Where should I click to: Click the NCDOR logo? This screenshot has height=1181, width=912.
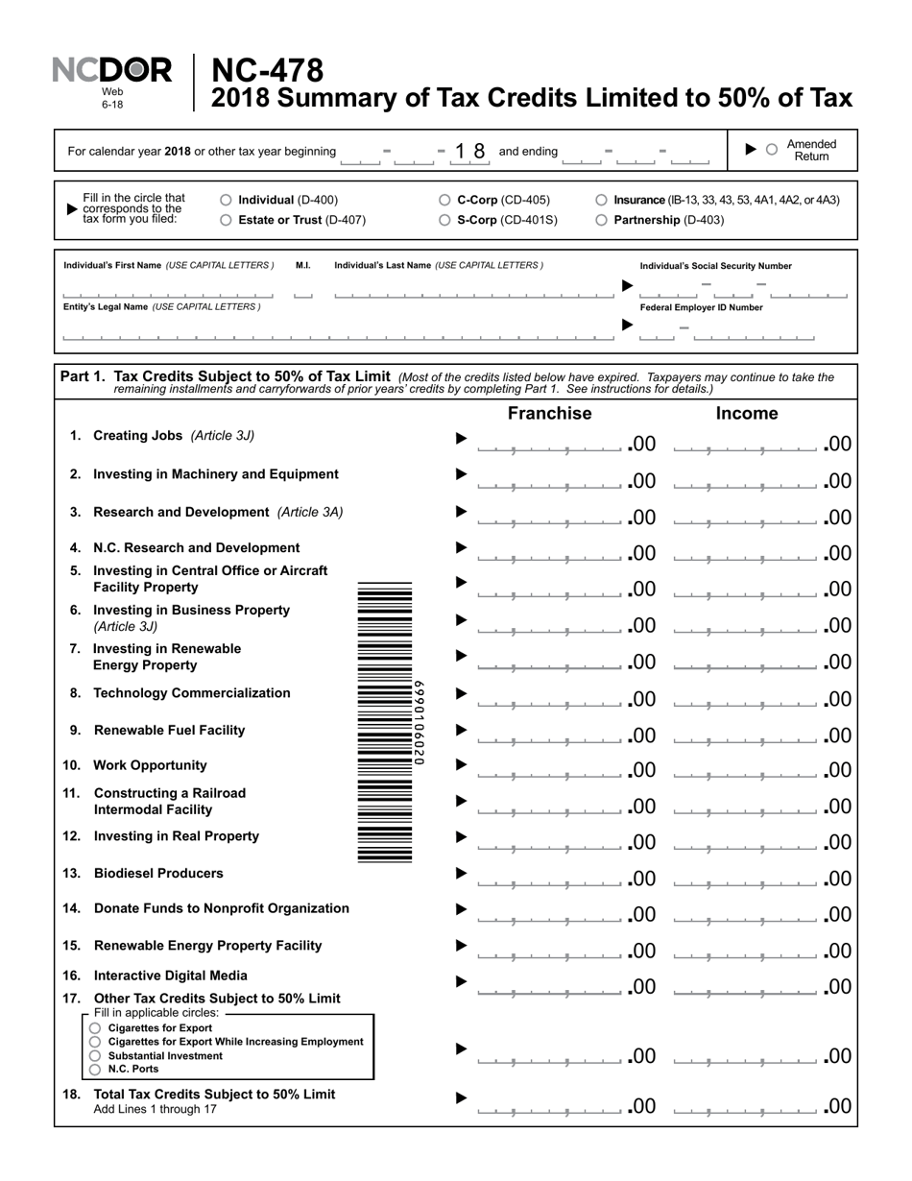(111, 71)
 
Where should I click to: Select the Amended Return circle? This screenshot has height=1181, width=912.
(771, 150)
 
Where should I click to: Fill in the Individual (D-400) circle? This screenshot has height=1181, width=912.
(226, 201)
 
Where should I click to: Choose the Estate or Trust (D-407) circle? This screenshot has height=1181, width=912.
(226, 220)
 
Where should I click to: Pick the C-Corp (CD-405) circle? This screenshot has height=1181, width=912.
(444, 201)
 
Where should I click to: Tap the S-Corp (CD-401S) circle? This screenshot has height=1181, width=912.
(444, 220)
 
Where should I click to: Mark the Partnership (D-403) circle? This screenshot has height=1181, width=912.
(601, 220)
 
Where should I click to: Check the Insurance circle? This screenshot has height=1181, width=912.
(601, 201)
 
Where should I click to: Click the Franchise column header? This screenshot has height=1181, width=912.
(549, 414)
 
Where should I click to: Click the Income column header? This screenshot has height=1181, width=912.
(747, 414)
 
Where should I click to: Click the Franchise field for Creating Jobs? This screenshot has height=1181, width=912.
(549, 443)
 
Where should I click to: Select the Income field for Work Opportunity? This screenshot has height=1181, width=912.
(746, 769)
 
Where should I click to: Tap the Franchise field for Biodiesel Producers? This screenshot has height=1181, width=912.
(549, 878)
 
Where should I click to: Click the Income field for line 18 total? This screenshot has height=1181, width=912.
(746, 1106)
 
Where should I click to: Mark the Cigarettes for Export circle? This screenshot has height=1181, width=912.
(95, 1028)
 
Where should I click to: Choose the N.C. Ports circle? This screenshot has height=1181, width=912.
(95, 1070)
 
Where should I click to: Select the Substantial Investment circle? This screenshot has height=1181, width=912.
(95, 1056)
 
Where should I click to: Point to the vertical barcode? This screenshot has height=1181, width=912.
(385, 722)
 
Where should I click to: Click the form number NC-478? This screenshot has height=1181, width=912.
(267, 71)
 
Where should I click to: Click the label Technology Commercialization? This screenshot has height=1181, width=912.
(191, 693)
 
